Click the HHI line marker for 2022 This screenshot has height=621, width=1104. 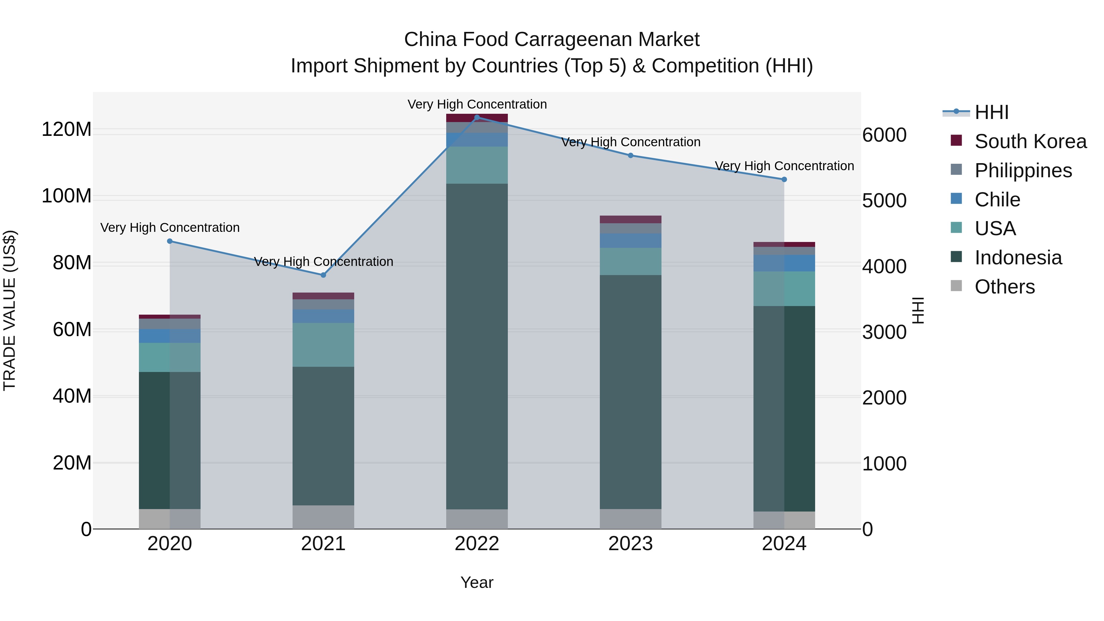[x=477, y=117]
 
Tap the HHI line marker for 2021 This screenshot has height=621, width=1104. [x=323, y=275]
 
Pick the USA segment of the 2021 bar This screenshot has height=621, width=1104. [x=323, y=345]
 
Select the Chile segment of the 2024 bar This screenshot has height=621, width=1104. [x=784, y=263]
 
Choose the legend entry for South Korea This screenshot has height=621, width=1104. [x=1030, y=141]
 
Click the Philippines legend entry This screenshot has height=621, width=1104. [x=1023, y=171]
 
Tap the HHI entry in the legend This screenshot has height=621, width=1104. [x=991, y=112]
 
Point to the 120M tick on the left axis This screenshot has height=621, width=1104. [x=67, y=129]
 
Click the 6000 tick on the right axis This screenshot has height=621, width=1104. [x=884, y=135]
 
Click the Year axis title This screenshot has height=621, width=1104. [x=477, y=582]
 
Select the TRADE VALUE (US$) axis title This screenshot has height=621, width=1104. [x=10, y=310]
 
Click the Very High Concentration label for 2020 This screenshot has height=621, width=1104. [x=170, y=228]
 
